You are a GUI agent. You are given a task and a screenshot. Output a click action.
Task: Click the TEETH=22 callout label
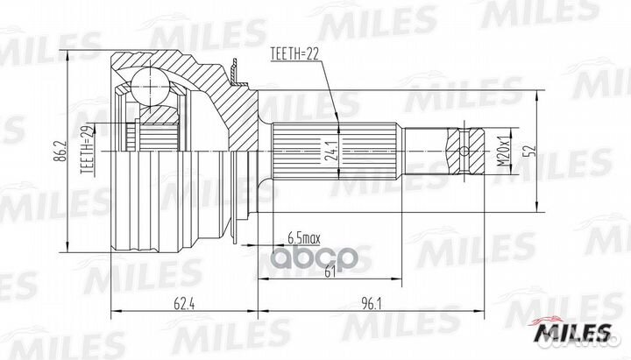point(294,54)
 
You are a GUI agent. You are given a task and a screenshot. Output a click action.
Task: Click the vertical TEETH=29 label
point(89,150)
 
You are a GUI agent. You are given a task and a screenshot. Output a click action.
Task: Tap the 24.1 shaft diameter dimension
point(330,151)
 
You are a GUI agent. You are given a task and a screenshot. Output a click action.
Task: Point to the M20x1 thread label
point(503,152)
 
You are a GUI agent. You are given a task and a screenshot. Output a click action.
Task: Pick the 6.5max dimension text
point(304,238)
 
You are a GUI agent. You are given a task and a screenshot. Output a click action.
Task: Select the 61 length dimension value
point(330,272)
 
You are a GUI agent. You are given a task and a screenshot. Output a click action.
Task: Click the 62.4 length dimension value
point(184,305)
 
